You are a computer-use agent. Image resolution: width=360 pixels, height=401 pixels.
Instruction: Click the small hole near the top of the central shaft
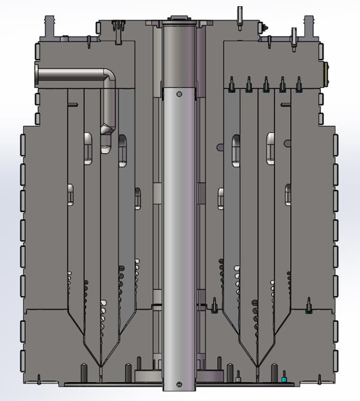180,93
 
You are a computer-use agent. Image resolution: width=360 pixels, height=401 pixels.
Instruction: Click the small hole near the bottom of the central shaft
179,384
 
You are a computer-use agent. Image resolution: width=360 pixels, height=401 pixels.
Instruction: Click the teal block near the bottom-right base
284,380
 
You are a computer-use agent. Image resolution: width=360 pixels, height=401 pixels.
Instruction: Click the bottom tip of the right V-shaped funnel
259,366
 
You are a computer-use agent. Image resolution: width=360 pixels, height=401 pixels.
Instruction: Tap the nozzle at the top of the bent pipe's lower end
106,128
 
